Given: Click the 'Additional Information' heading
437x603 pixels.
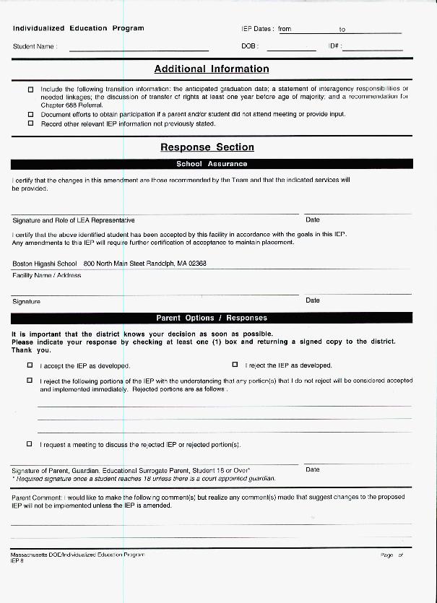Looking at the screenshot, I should [211, 69].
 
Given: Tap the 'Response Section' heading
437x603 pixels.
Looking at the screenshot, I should [207, 147].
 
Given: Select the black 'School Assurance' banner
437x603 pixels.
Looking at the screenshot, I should [211, 164].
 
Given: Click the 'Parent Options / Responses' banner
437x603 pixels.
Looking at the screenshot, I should [211, 318].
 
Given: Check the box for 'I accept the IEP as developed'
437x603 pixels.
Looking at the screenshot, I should [30, 365].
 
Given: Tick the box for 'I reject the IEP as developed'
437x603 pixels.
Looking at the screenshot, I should [235, 365].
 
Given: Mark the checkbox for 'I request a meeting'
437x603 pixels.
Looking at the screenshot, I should [30, 444].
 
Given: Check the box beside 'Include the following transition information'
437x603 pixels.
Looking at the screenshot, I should [30, 90].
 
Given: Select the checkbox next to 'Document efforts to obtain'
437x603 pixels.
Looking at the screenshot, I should [30, 114].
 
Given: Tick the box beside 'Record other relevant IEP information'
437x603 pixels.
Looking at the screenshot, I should [30, 123].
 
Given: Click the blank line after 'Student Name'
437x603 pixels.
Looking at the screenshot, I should [139, 49].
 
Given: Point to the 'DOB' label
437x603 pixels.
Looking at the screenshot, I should [248, 46].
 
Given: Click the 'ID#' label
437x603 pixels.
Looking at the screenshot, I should [334, 46].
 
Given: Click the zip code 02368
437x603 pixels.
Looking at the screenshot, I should [196, 264].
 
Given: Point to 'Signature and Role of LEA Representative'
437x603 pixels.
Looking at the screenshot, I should [74, 220].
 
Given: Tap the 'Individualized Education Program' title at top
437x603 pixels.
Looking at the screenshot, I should [78, 28].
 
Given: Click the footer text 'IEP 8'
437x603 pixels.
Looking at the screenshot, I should [17, 560].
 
